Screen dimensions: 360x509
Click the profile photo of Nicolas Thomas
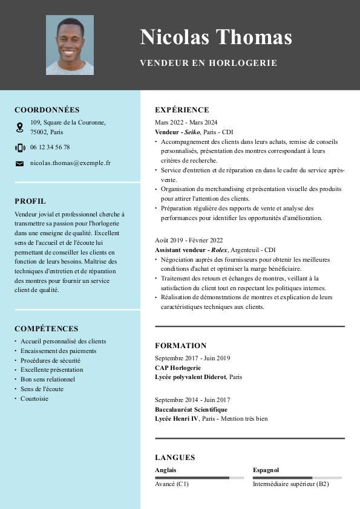click(x=70, y=45)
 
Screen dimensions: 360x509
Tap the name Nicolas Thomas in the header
click(x=216, y=37)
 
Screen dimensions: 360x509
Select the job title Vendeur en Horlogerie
click(x=208, y=63)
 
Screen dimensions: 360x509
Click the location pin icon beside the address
click(x=19, y=127)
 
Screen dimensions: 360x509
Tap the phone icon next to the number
click(x=19, y=148)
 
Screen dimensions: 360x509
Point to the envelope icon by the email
click(x=19, y=163)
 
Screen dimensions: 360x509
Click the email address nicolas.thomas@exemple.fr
click(x=70, y=163)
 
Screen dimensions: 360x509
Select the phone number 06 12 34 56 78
click(x=50, y=147)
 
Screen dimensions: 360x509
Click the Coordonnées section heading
click(x=47, y=110)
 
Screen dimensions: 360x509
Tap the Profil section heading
click(x=30, y=201)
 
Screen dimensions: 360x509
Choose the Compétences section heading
click(x=46, y=329)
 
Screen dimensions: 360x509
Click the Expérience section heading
click(x=182, y=110)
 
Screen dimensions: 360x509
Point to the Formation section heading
click(x=180, y=346)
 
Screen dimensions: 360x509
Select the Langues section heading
click(x=175, y=458)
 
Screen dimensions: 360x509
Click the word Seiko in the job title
click(x=192, y=132)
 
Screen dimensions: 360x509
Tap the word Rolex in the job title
click(x=219, y=250)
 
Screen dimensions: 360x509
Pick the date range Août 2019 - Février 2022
click(x=189, y=240)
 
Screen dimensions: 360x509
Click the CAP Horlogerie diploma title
click(x=178, y=368)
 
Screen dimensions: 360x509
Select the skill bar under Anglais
click(x=199, y=478)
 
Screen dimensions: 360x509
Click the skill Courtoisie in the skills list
click(x=34, y=399)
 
